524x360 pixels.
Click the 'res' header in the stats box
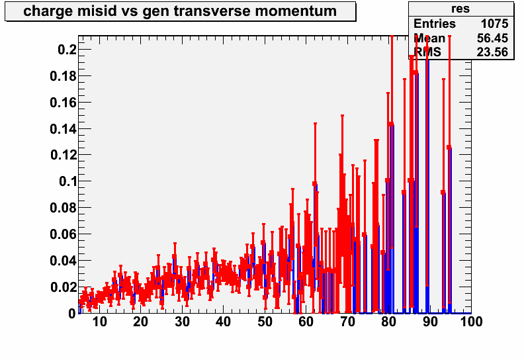pyautogui.click(x=460, y=9)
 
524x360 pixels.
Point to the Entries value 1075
pyautogui.click(x=495, y=24)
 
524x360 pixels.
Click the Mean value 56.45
pyautogui.click(x=493, y=38)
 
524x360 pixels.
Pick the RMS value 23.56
pyautogui.click(x=493, y=52)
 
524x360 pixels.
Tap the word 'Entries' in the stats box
pyautogui.click(x=435, y=24)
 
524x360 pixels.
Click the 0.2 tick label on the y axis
pyautogui.click(x=67, y=50)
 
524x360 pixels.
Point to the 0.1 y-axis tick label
pyautogui.click(x=68, y=181)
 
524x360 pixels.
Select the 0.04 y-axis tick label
pyautogui.click(x=63, y=260)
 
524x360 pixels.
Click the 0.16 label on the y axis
pyautogui.click(x=63, y=103)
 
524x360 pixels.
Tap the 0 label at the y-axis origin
pyautogui.click(x=72, y=314)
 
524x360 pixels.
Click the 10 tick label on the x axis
pyautogui.click(x=99, y=322)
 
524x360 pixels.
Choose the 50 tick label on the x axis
pyautogui.click(x=265, y=322)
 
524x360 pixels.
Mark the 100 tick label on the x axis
pyautogui.click(x=471, y=322)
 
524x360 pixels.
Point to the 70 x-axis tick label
pyautogui.click(x=347, y=322)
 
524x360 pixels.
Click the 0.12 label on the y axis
pyautogui.click(x=64, y=155)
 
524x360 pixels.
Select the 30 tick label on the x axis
pyautogui.click(x=182, y=322)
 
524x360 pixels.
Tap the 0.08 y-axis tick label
pyautogui.click(x=63, y=208)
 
